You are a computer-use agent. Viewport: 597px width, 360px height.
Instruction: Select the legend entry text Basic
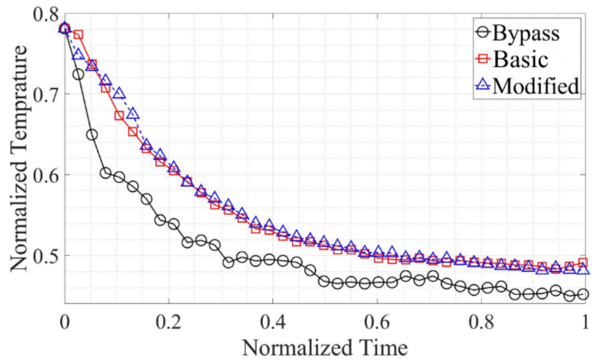522,59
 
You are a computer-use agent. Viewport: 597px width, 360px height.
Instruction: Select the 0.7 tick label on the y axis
41,94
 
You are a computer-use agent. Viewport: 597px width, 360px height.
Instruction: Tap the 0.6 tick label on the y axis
41,175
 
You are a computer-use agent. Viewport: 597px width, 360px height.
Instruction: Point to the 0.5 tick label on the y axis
41,256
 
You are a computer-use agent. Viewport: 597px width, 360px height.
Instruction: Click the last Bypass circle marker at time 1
583,294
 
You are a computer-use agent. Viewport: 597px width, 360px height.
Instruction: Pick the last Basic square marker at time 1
583,262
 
